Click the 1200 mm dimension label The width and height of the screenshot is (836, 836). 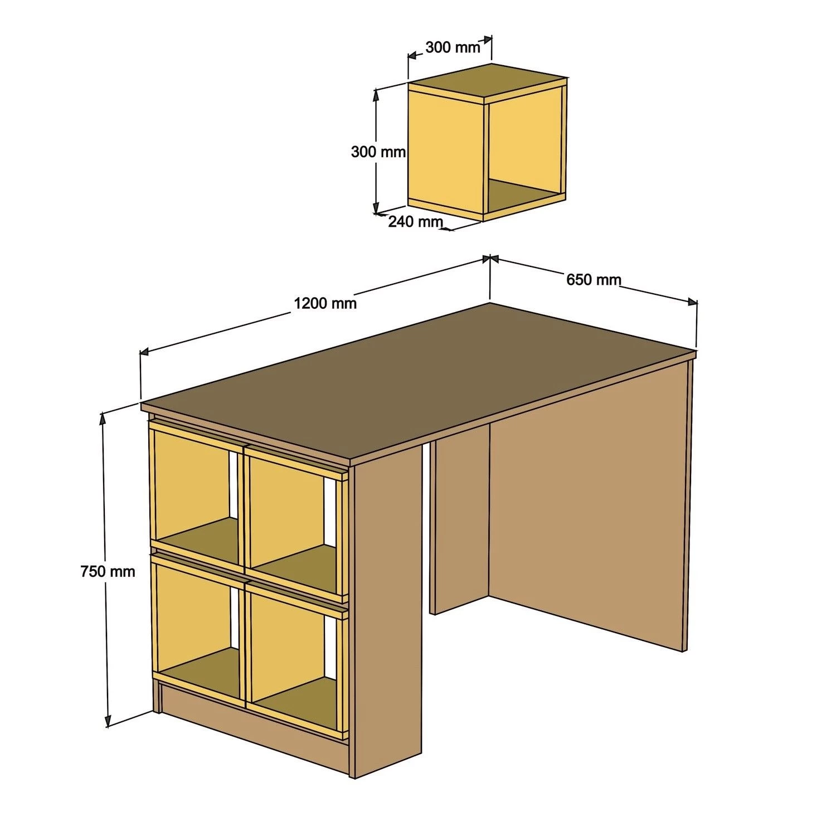point(325,303)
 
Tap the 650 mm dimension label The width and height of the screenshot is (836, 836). point(593,279)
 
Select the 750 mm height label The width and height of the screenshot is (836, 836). point(108,571)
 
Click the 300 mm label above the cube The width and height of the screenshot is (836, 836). point(453,47)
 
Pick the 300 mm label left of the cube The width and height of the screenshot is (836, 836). point(378,152)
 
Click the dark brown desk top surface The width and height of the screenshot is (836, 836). point(418,379)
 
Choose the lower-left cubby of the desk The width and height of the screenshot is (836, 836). point(192,613)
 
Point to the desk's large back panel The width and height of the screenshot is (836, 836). point(585,502)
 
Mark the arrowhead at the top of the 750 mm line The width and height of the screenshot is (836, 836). point(103,417)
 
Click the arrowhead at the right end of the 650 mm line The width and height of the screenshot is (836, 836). point(693,302)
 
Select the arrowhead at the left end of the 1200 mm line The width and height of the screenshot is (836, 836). point(143,352)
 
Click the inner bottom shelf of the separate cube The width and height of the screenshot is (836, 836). point(521,195)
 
